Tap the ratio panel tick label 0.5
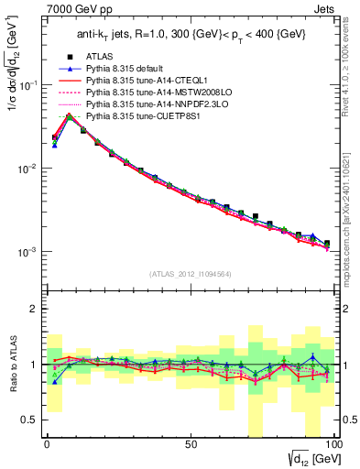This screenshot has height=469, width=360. pyautogui.click(x=30, y=420)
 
